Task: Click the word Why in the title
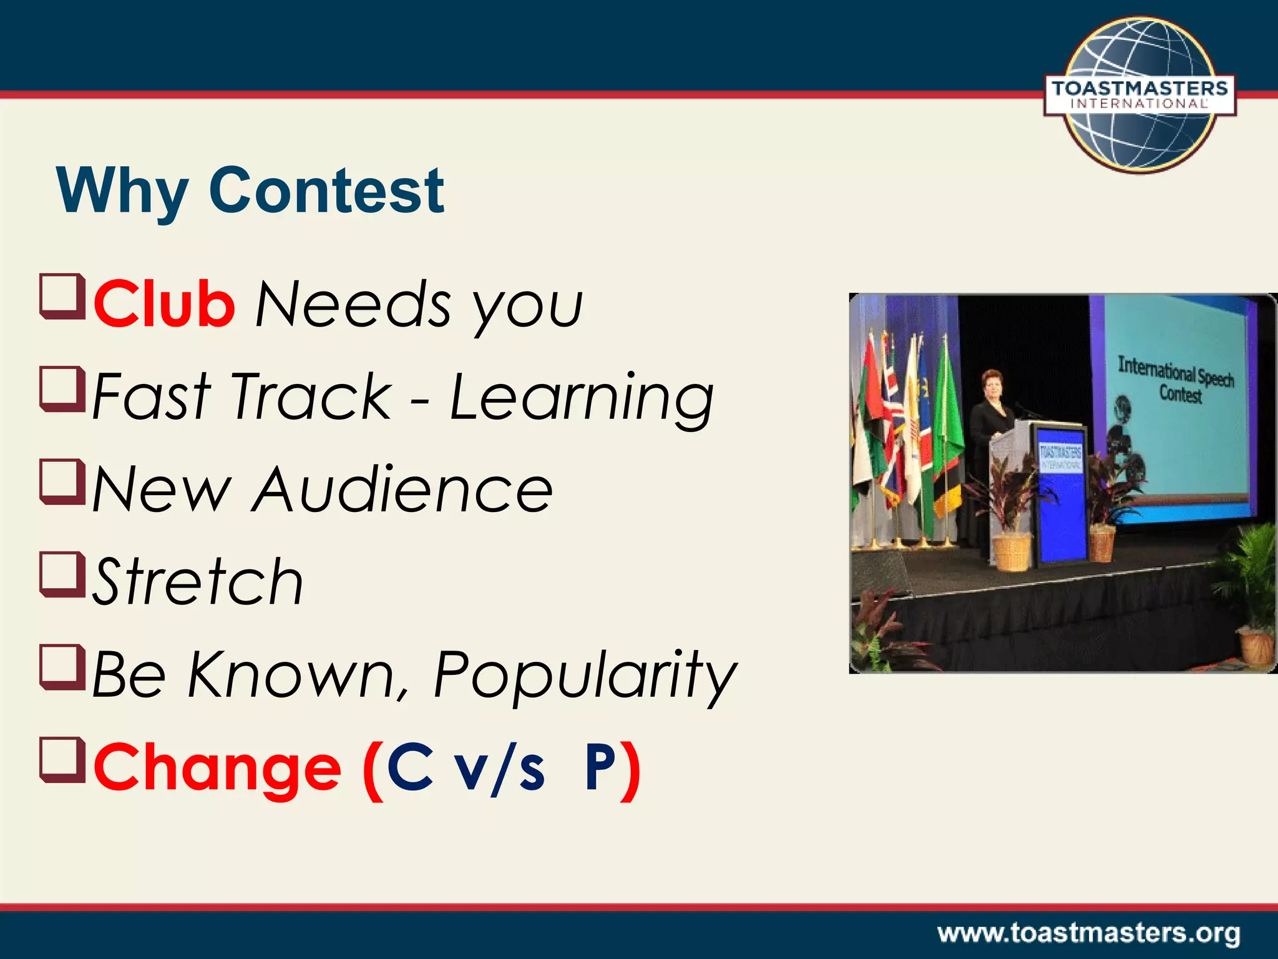122,190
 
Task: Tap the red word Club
164,304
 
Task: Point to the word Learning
582,397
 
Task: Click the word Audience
402,490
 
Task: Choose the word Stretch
198,582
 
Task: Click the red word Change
217,768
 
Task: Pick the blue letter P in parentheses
600,767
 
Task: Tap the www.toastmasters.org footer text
1088,933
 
